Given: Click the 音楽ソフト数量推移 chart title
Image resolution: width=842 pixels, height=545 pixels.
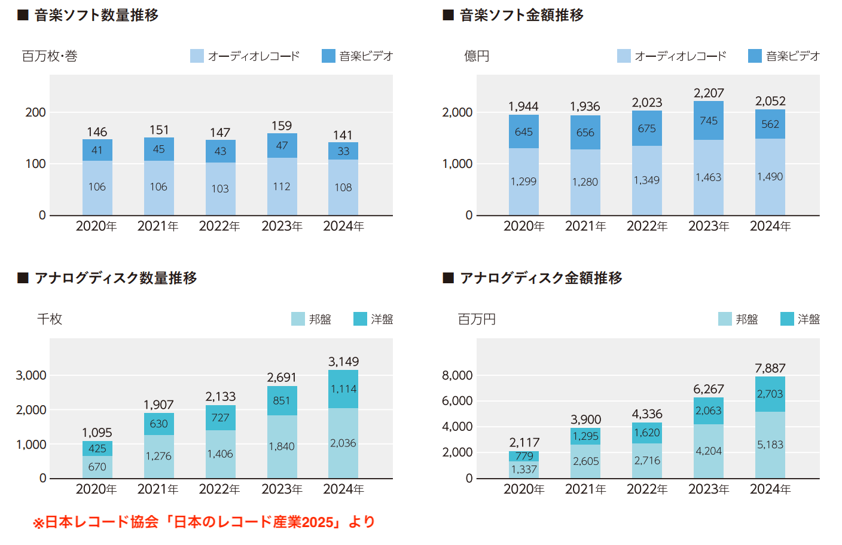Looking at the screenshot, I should [96, 15].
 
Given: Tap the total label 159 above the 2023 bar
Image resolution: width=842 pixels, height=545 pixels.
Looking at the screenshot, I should [282, 125].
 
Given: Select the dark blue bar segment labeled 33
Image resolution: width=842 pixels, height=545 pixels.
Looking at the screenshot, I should [343, 151].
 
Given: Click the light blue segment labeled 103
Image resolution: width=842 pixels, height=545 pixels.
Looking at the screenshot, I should [220, 189].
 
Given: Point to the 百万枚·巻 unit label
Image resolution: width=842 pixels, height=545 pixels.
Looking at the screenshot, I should [50, 56].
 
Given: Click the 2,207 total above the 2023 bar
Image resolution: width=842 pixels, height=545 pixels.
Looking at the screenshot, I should [709, 93].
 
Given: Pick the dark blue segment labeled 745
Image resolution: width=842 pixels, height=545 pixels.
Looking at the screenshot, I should [709, 121].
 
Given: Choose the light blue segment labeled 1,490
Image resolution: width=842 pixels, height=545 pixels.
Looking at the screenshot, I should [770, 177].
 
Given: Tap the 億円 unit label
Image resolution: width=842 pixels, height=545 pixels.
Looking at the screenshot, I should [477, 56].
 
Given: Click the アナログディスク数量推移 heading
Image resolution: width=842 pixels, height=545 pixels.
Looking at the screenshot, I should [115, 278].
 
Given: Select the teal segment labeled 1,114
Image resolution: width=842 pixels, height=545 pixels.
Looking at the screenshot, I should [343, 389].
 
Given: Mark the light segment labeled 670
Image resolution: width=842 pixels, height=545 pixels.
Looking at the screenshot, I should [97, 467].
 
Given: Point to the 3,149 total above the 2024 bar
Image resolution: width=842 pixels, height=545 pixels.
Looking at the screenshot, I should [343, 362].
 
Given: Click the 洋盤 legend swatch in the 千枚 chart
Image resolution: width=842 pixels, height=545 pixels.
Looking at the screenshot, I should [360, 319].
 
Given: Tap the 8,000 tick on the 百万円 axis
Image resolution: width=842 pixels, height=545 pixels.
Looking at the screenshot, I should [457, 375].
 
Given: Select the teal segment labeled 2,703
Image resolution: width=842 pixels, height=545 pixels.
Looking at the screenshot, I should [770, 394].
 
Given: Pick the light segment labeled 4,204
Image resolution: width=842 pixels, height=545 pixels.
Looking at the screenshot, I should [709, 451].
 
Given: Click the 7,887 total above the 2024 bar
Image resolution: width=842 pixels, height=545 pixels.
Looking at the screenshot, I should [770, 368].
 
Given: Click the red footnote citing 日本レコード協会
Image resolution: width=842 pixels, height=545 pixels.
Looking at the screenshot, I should [204, 522].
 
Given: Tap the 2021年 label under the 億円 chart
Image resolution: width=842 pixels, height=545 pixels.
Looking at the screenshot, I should [585, 226].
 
